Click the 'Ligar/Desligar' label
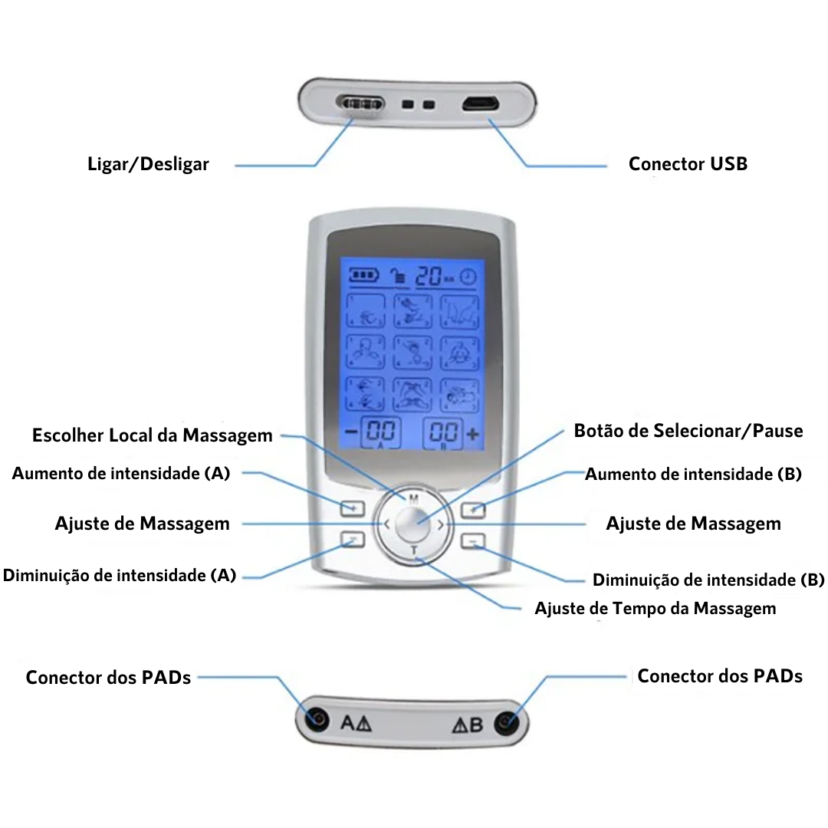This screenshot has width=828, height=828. click(x=148, y=164)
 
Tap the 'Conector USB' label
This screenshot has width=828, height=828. click(x=688, y=163)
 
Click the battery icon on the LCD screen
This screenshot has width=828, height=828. click(x=363, y=274)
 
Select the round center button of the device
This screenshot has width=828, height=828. click(x=413, y=525)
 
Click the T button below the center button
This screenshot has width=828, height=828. click(x=413, y=552)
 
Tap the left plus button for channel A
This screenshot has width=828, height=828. click(x=353, y=508)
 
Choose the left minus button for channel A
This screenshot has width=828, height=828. click(x=353, y=540)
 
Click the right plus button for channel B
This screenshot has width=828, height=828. click(x=474, y=508)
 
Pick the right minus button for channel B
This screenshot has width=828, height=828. click(x=474, y=541)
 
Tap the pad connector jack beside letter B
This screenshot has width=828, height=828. click(x=506, y=722)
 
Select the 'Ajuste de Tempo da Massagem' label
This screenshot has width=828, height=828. click(x=655, y=608)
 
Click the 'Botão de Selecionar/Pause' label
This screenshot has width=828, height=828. click(x=688, y=431)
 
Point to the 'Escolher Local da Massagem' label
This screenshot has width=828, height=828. click(x=152, y=435)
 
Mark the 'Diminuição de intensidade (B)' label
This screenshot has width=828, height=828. click(x=708, y=580)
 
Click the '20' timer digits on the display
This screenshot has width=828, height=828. click(x=430, y=276)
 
